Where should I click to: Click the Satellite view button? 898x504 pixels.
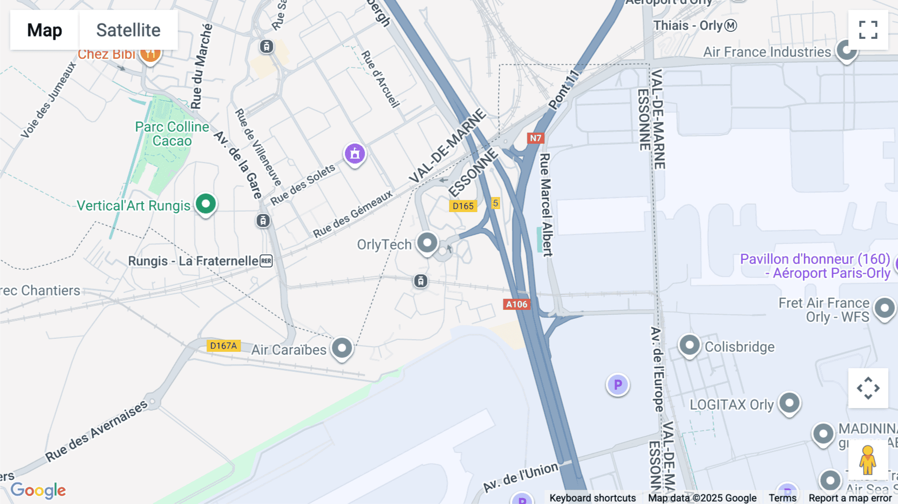coord(128,30)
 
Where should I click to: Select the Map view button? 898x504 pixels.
coord(44,30)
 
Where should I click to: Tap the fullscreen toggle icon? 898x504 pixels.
coord(868,30)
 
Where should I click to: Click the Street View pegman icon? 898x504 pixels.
coord(868,460)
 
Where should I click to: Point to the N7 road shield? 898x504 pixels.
coord(535,138)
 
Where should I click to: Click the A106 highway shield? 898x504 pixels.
coord(516,304)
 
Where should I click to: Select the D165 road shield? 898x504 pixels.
coord(463,206)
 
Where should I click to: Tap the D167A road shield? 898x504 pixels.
coord(223,346)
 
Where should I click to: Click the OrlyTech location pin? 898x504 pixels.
coord(427,243)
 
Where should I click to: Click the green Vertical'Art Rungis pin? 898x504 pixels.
coord(206,204)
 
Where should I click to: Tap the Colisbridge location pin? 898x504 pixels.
coord(689,345)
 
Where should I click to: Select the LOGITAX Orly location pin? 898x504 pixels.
coord(789,403)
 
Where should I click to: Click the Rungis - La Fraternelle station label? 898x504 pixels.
coord(194,261)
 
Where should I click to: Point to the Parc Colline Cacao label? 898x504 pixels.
coord(172,134)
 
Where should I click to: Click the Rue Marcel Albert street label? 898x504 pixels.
coord(546,205)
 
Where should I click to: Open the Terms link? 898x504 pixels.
coord(782,498)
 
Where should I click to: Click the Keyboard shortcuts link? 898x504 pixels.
coord(592,498)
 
